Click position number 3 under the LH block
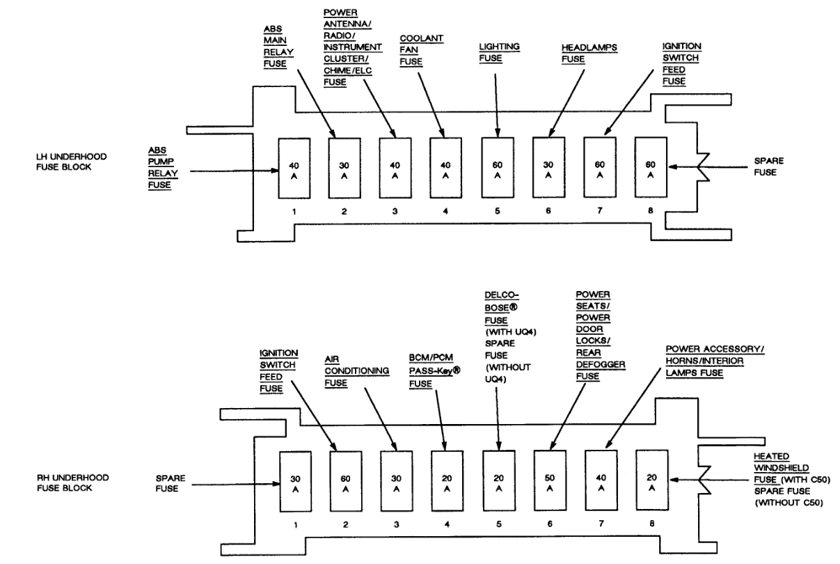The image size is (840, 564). (x=395, y=210)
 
